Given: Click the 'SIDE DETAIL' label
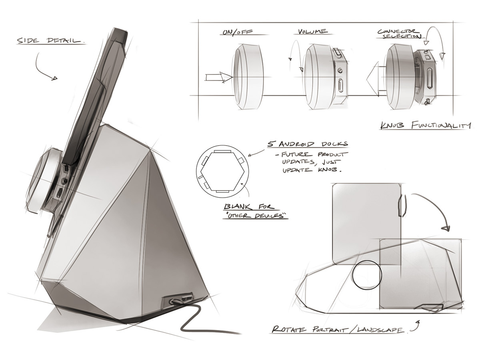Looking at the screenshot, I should coord(50,41).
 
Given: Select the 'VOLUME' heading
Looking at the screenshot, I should coord(312,31).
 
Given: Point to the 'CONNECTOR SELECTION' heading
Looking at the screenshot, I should coord(399,34).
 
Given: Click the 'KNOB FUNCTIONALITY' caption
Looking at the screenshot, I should coord(425,126).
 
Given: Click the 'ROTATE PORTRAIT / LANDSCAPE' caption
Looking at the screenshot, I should coord(337,330).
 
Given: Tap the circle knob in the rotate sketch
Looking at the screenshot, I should coord(367,275).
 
